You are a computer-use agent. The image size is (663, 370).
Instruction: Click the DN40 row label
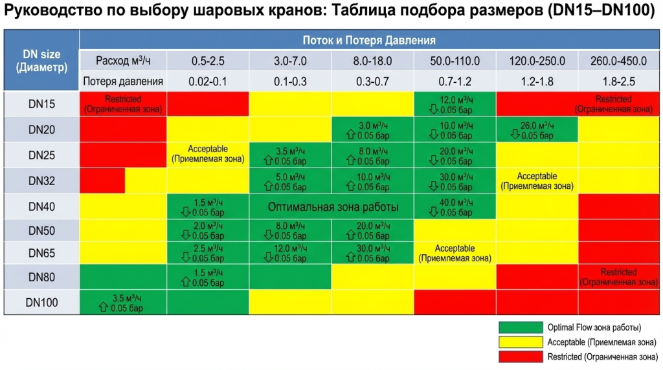pos(41,206)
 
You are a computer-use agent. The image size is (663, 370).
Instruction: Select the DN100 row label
pos(41,302)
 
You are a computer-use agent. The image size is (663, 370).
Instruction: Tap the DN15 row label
pos(41,104)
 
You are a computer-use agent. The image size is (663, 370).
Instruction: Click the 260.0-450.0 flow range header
pos(618,61)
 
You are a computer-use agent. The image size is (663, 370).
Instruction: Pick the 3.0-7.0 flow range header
pos(290,61)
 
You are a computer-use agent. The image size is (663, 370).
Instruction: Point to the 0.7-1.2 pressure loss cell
pos(455,82)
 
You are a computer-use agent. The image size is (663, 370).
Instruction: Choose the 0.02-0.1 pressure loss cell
pos(207,82)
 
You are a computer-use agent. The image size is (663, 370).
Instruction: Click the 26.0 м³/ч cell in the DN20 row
pos(537,130)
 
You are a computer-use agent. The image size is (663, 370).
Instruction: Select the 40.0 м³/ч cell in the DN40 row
pos(455,206)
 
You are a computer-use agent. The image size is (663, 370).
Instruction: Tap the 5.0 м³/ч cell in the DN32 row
pos(290,181)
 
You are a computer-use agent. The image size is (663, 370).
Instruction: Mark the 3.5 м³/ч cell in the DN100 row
pos(123,303)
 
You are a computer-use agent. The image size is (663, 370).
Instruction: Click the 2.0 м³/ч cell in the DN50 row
pos(207,231)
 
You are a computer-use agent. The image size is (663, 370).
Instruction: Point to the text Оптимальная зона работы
pos(333,207)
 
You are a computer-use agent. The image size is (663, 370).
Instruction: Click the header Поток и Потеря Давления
pos(370,40)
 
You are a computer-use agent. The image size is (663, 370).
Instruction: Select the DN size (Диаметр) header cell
pos(41,60)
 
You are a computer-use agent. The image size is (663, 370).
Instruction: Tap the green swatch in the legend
pos(520,327)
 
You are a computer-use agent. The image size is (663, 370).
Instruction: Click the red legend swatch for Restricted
pos(520,356)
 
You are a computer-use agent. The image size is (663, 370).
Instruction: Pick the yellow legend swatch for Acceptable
pos(520,342)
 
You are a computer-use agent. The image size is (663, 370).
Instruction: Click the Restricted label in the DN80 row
pos(618,277)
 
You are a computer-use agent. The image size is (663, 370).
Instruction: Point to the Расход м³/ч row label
pos(123,61)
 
